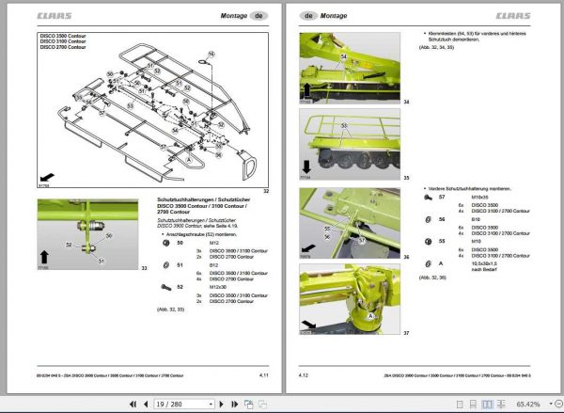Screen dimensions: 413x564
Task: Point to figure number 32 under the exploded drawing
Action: (x=267, y=191)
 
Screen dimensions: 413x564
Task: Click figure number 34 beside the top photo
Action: (x=406, y=102)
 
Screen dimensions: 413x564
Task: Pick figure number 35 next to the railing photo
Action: (x=406, y=176)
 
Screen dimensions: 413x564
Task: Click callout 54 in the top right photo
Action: (x=343, y=56)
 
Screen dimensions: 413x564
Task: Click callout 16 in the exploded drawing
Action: (x=211, y=54)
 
